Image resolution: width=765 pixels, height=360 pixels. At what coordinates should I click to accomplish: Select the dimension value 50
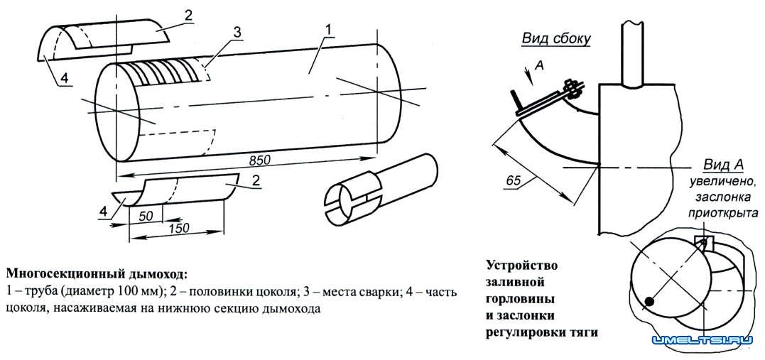146,214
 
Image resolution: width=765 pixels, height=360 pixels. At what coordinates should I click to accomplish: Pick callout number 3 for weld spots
237,32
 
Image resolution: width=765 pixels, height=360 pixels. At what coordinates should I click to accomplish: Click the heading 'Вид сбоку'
556,38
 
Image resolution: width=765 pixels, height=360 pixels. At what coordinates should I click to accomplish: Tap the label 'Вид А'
723,165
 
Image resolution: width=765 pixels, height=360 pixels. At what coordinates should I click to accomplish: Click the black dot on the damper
649,303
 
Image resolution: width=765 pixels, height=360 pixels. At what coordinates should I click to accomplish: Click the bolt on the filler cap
570,88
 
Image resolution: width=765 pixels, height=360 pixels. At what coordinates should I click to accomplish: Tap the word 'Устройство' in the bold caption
521,266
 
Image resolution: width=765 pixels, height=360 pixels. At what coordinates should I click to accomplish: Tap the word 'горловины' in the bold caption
520,298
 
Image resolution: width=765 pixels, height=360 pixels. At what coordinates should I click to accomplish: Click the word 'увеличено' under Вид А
717,181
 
